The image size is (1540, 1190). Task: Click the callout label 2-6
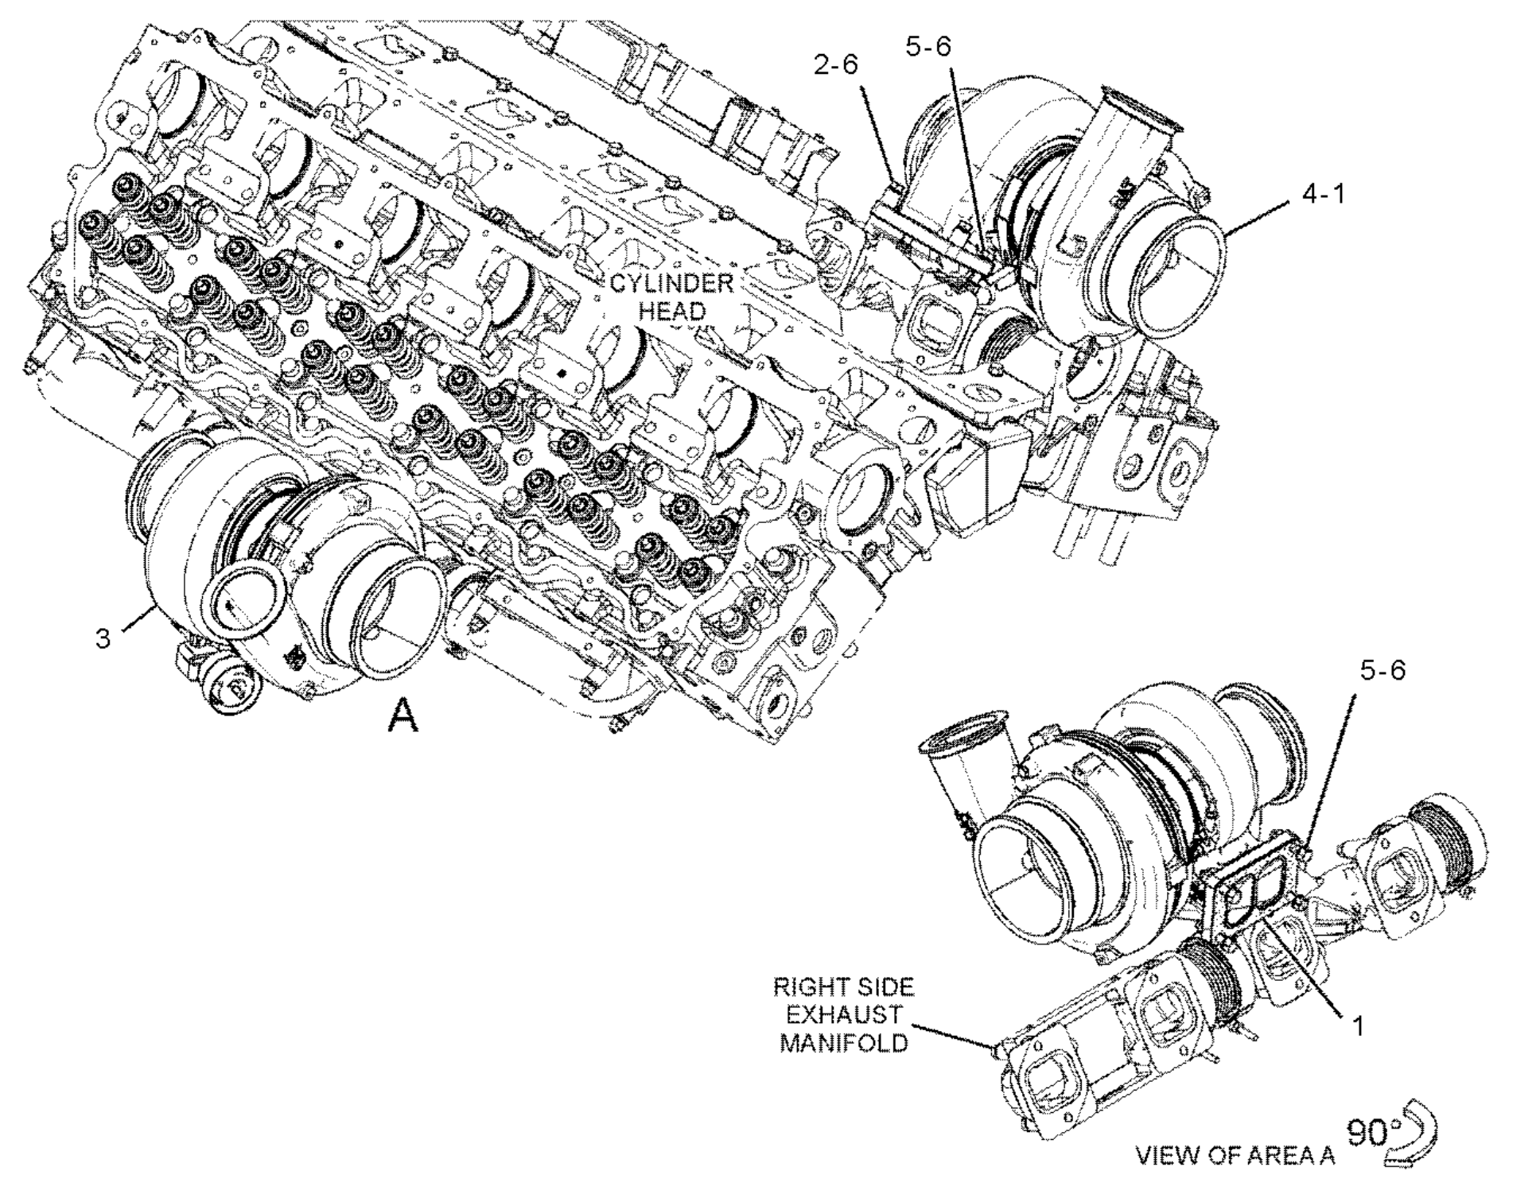pyautogui.click(x=835, y=64)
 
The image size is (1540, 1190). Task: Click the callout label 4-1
pyautogui.click(x=1323, y=193)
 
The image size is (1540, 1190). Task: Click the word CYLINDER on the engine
pyautogui.click(x=671, y=284)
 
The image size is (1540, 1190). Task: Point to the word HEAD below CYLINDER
pyautogui.click(x=672, y=311)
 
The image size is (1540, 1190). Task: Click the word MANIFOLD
pyautogui.click(x=843, y=1042)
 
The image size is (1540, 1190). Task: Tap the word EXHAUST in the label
pyautogui.click(x=843, y=1015)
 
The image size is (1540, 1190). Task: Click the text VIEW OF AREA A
pyautogui.click(x=1235, y=1155)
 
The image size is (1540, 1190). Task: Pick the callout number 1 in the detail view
pyautogui.click(x=1359, y=1026)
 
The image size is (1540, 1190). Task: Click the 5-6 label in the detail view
pyautogui.click(x=1382, y=670)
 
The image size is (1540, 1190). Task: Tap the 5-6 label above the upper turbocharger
pyautogui.click(x=928, y=47)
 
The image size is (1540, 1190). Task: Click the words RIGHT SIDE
pyautogui.click(x=843, y=988)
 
